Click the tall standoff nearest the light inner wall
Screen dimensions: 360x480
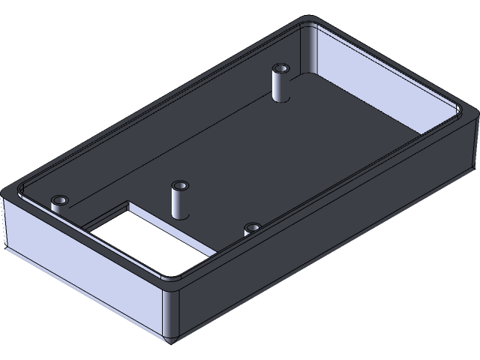[280, 84]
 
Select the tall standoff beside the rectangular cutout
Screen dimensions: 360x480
[179, 200]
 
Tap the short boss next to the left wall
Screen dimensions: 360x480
[58, 202]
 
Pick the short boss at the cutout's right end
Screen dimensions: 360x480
[253, 228]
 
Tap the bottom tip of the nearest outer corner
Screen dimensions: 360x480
[172, 341]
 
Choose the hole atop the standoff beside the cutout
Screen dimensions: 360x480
[179, 184]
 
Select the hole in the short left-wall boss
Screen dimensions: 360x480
[58, 199]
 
